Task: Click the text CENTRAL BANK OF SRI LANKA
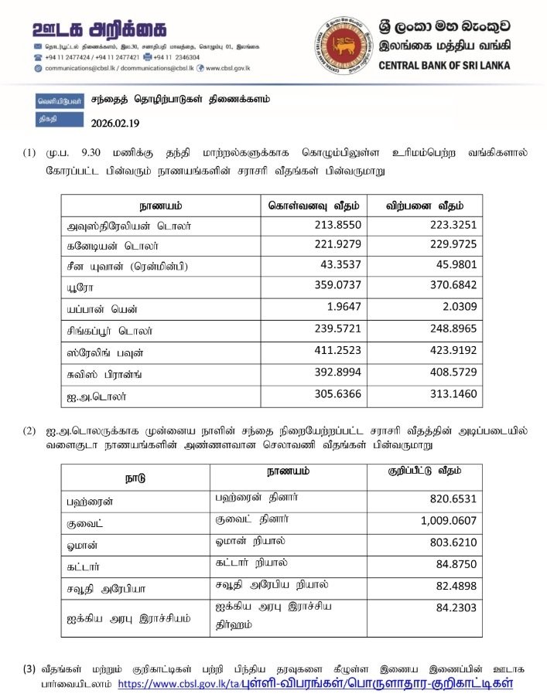pos(444,65)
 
